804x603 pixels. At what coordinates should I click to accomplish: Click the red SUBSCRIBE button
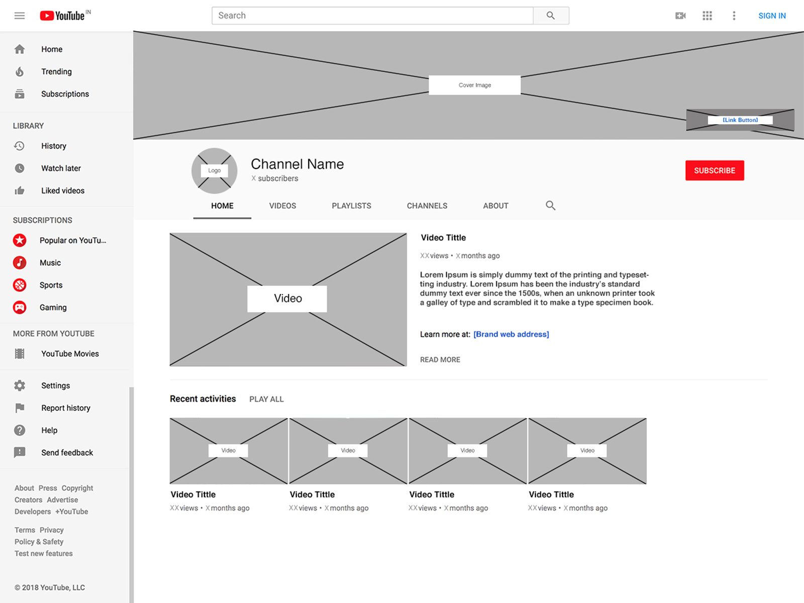coord(714,170)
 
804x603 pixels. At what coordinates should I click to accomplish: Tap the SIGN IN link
coord(772,16)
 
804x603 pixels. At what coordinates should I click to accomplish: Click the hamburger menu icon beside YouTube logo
coord(20,16)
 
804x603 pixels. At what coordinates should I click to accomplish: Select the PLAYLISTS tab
coord(351,206)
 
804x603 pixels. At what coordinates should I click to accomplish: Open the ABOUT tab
coord(495,206)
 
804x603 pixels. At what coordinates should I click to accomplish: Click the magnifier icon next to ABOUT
coord(551,206)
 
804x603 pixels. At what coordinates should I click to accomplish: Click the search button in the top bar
coord(551,16)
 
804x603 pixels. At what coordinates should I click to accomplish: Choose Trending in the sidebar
coord(56,71)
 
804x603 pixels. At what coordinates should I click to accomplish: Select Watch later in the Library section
coord(61,168)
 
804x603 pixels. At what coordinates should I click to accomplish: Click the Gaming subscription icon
coord(20,307)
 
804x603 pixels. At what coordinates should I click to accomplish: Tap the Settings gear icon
coord(20,385)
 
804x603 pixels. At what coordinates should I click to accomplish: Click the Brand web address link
coord(511,334)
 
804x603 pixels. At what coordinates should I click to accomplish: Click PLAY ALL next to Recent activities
coord(266,399)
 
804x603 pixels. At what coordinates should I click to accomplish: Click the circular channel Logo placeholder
coord(215,171)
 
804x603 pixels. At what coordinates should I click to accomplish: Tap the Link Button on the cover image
coord(740,120)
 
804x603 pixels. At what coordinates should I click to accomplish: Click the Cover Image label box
coord(474,85)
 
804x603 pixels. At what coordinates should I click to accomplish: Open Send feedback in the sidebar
coord(67,453)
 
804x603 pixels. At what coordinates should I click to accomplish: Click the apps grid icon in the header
coord(707,16)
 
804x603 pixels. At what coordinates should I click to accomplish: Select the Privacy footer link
coord(52,530)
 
